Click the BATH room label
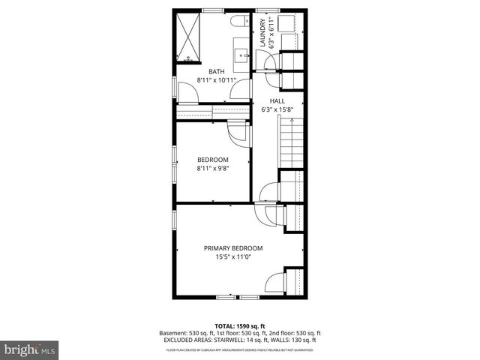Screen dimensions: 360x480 point(217,72)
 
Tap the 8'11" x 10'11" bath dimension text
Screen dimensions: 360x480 point(216,79)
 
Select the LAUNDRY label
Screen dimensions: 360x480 point(262,34)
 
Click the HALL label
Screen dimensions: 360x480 point(277,101)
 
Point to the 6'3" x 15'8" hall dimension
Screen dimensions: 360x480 point(277,109)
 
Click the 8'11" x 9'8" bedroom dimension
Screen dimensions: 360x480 point(212,169)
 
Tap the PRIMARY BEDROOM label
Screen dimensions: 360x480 point(233,248)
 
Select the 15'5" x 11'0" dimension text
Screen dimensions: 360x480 point(233,256)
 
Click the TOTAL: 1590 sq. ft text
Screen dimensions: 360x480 point(239,325)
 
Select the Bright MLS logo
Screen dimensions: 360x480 point(29,349)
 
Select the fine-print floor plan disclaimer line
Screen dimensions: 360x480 point(239,349)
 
